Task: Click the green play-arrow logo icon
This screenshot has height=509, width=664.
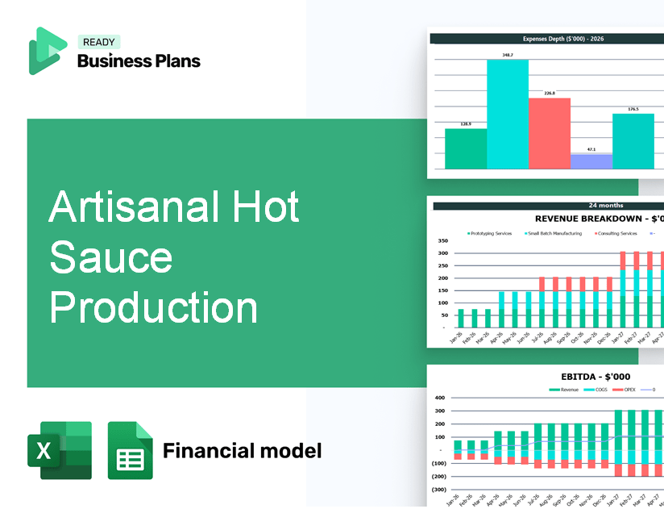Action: [47, 51]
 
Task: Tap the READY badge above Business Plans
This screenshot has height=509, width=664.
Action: [99, 43]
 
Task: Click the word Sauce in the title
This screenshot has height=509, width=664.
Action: [110, 257]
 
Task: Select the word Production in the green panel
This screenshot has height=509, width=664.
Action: [153, 307]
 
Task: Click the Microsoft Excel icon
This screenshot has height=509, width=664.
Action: [60, 450]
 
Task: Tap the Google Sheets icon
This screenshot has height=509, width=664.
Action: [130, 450]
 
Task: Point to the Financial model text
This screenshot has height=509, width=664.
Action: [242, 450]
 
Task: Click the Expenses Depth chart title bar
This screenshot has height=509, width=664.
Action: [546, 38]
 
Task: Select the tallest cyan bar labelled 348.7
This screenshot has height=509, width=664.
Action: [508, 114]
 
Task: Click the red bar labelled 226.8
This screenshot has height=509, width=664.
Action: [550, 133]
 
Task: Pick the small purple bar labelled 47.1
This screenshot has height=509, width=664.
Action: [591, 161]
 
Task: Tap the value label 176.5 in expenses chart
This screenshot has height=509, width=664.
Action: [633, 109]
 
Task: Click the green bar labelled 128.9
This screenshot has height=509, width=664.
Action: [466, 148]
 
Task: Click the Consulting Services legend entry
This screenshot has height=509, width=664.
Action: [616, 233]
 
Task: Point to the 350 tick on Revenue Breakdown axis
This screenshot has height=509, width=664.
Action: [442, 240]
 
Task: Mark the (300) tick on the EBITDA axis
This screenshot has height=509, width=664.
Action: [440, 489]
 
